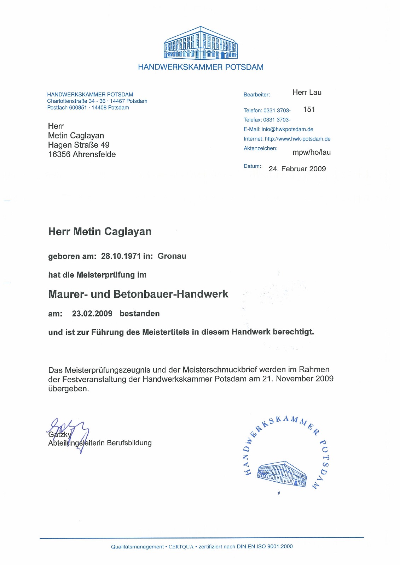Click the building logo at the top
[x=201, y=43]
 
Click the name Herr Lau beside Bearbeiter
[x=307, y=93]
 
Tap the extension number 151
[x=309, y=109]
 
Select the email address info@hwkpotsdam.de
[x=287, y=129]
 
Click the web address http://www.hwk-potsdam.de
[x=297, y=139]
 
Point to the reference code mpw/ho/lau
[x=311, y=153]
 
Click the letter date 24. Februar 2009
[x=297, y=169]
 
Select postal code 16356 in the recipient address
[x=59, y=154]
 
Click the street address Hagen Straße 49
[x=79, y=145]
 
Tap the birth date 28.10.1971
[x=121, y=256]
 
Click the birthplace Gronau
[x=172, y=256]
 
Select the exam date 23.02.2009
[x=92, y=314]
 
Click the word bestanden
[x=139, y=314]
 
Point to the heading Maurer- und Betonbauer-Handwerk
[x=138, y=294]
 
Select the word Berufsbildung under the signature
[x=129, y=443]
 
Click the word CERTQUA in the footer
[x=181, y=547]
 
